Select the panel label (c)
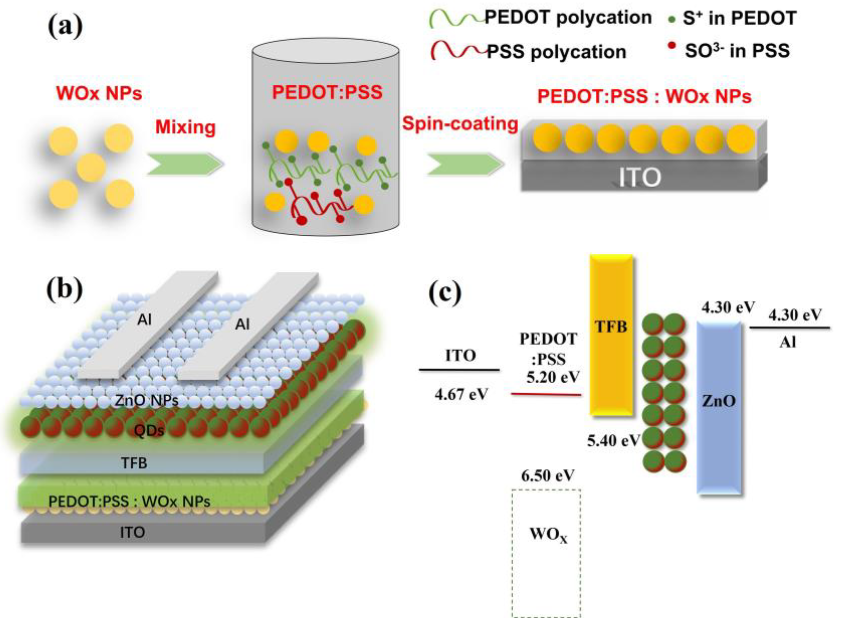click(x=445, y=293)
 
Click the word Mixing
click(x=185, y=127)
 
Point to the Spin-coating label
click(x=460, y=124)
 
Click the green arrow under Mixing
click(x=184, y=164)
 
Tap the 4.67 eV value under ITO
click(x=461, y=395)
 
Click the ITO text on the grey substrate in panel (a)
click(x=639, y=177)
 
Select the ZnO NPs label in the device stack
click(x=147, y=400)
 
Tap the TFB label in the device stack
click(x=134, y=463)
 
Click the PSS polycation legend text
click(x=556, y=52)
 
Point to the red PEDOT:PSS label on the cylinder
click(x=327, y=92)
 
